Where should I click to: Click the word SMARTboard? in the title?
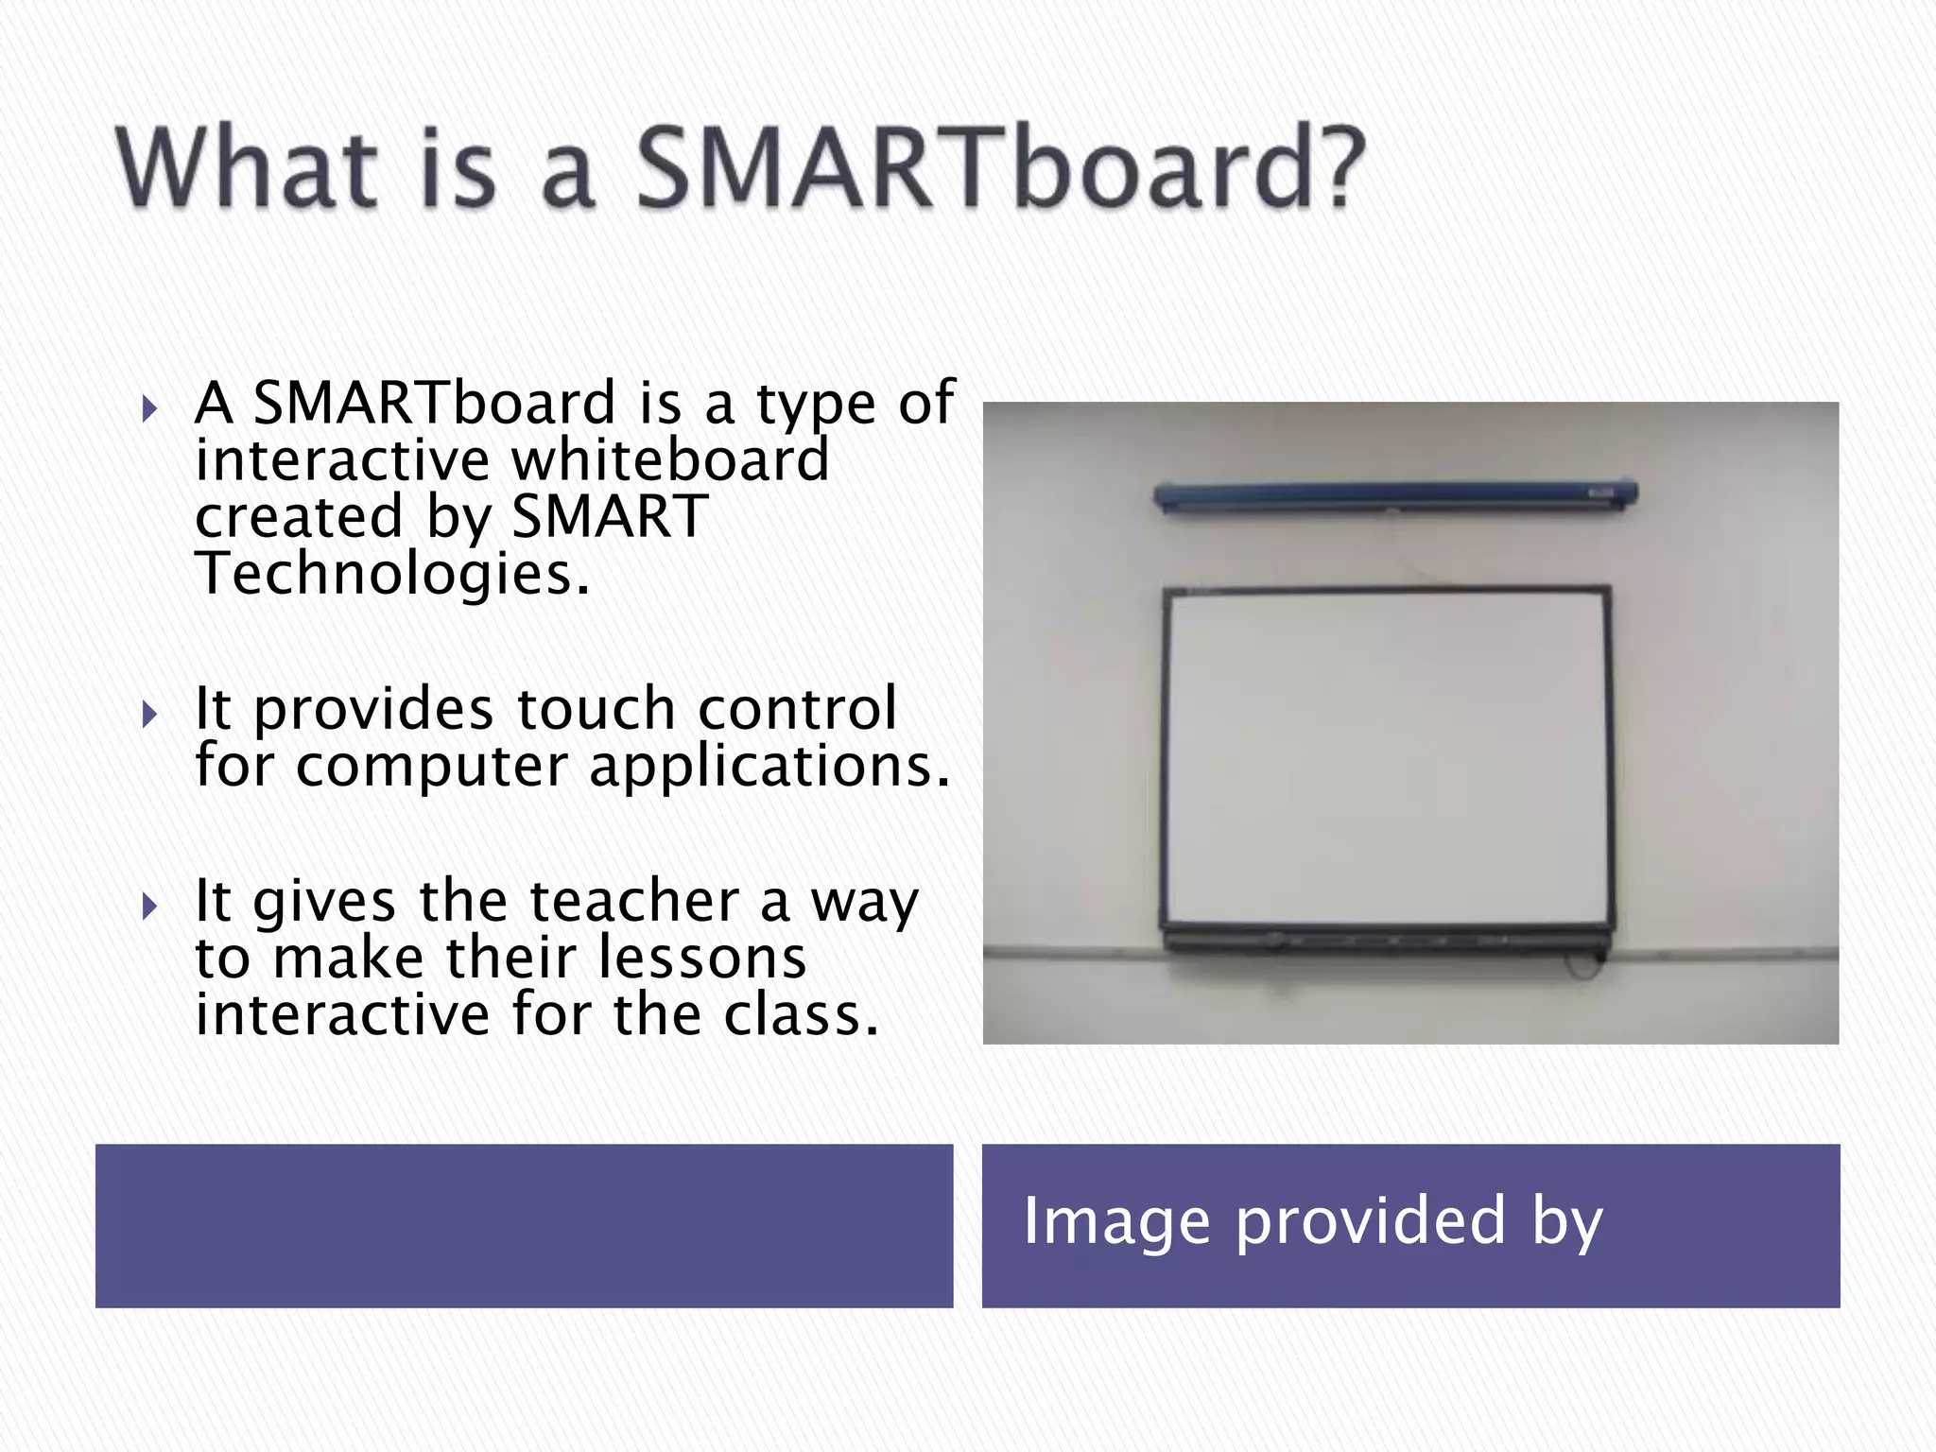click(1000, 170)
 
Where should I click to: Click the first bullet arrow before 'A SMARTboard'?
click(149, 409)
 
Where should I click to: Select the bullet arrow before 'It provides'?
click(149, 715)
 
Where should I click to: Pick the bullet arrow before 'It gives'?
click(149, 907)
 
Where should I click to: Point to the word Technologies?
click(392, 574)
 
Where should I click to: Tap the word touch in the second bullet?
click(596, 709)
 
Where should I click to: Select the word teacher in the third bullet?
click(633, 901)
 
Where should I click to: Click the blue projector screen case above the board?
click(1395, 494)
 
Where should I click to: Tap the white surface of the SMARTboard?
click(1386, 756)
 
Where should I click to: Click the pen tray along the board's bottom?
click(1386, 940)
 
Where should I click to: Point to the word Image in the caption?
click(1116, 1221)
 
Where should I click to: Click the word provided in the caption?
click(1370, 1221)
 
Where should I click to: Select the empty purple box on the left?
click(524, 1226)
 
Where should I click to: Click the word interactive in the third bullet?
click(342, 1014)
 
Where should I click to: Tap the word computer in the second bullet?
click(431, 768)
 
